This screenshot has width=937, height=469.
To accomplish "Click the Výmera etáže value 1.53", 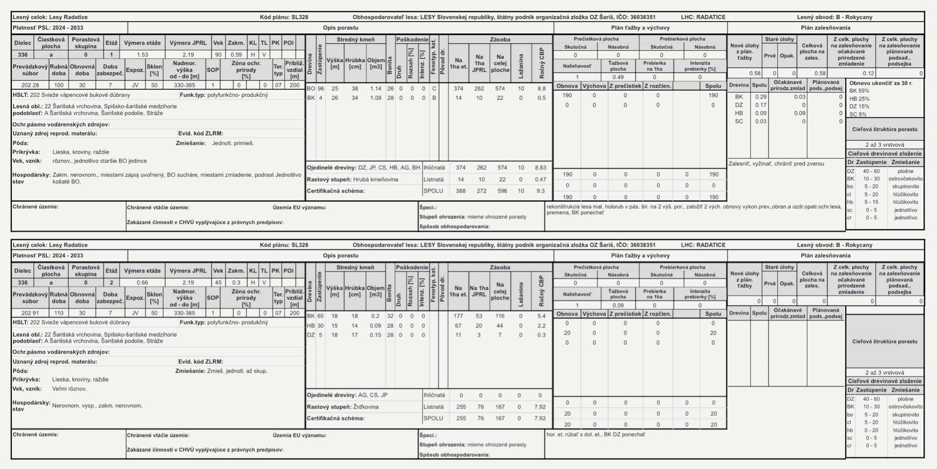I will point(142,55).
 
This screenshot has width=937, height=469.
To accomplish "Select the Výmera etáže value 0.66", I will point(142,283).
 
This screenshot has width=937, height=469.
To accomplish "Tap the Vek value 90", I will point(218,55).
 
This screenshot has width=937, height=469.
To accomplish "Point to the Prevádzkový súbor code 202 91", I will point(30,313).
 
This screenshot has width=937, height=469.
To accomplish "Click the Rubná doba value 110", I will point(59,313).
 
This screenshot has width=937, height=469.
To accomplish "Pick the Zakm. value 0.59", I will point(236,55).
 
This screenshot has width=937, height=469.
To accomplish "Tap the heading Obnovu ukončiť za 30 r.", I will point(880,83).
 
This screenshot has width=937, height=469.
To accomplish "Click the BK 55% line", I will point(859,91).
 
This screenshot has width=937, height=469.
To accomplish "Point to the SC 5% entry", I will point(857,115).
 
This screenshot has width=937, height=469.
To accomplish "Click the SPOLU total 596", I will point(502,191).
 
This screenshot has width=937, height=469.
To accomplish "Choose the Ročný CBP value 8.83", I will point(540,168).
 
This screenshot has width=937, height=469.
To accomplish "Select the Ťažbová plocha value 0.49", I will point(618,77).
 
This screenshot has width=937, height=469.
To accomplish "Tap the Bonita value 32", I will point(390,316).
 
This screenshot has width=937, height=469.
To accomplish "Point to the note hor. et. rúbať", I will point(595,434).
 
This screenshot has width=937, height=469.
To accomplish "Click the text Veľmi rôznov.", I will point(69,389).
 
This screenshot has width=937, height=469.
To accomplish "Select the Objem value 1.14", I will point(375,89).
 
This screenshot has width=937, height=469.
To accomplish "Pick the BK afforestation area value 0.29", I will point(760,97).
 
